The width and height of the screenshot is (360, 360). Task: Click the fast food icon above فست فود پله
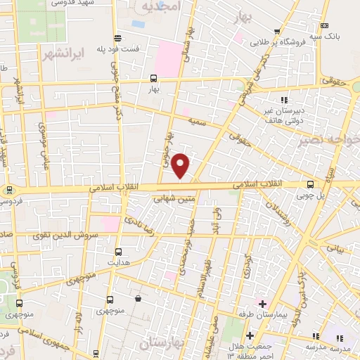116,38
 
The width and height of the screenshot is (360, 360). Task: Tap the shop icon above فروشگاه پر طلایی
279,30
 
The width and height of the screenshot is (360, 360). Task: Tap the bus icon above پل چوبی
310,185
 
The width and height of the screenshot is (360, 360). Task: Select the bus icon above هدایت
117,251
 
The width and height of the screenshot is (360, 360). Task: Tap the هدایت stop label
117,262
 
